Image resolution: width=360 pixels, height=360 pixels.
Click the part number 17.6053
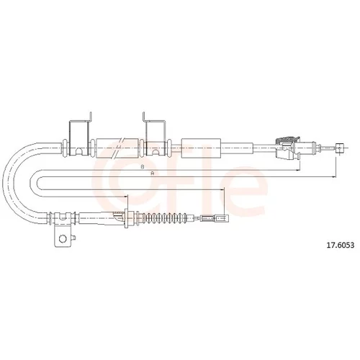[x=340, y=245]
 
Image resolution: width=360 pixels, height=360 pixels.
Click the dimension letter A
[x=152, y=174]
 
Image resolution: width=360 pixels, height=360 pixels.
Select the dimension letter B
[x=142, y=166]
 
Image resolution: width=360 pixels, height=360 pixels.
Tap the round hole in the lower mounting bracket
[x=63, y=238]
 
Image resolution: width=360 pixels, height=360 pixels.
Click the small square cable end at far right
[x=339, y=148]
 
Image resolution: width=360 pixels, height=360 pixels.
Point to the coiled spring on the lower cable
[x=165, y=218]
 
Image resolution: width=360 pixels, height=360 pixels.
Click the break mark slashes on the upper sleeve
[x=117, y=148]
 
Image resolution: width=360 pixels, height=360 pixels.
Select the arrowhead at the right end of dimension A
[x=334, y=177]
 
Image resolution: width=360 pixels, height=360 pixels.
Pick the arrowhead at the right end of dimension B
[x=298, y=170]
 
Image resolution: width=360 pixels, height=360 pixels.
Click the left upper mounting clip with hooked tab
[x=79, y=135]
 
